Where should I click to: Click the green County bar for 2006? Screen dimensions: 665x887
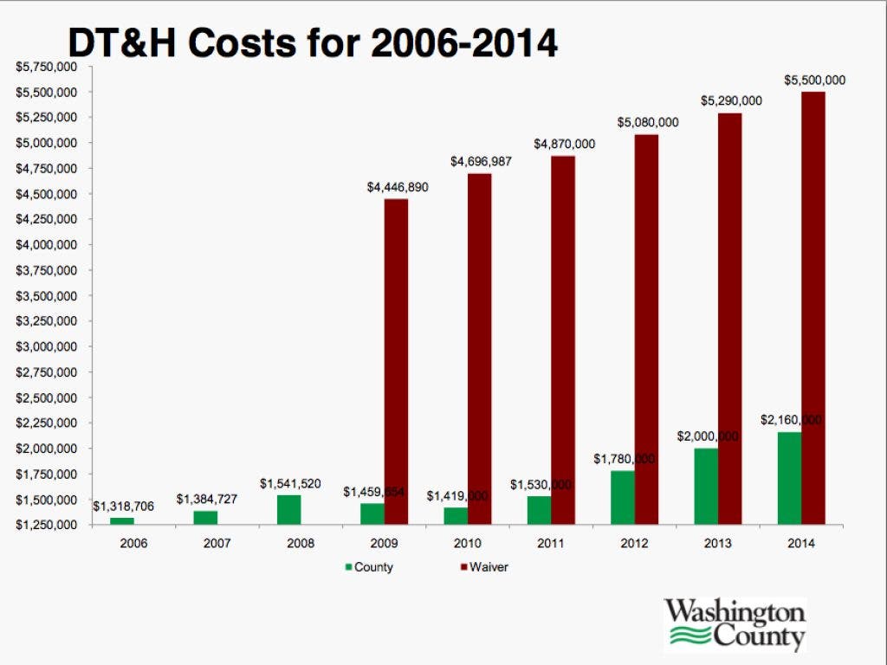[122, 521]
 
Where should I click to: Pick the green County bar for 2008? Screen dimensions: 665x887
[289, 510]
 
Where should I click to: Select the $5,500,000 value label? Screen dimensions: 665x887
[814, 80]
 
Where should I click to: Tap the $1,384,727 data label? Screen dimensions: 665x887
[206, 500]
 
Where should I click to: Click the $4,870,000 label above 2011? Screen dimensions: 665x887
[564, 144]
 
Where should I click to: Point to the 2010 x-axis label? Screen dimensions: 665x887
[469, 543]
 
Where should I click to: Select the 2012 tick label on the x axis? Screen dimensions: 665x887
[635, 543]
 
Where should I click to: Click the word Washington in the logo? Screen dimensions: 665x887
[735, 614]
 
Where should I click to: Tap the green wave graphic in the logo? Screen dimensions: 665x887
[690, 639]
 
